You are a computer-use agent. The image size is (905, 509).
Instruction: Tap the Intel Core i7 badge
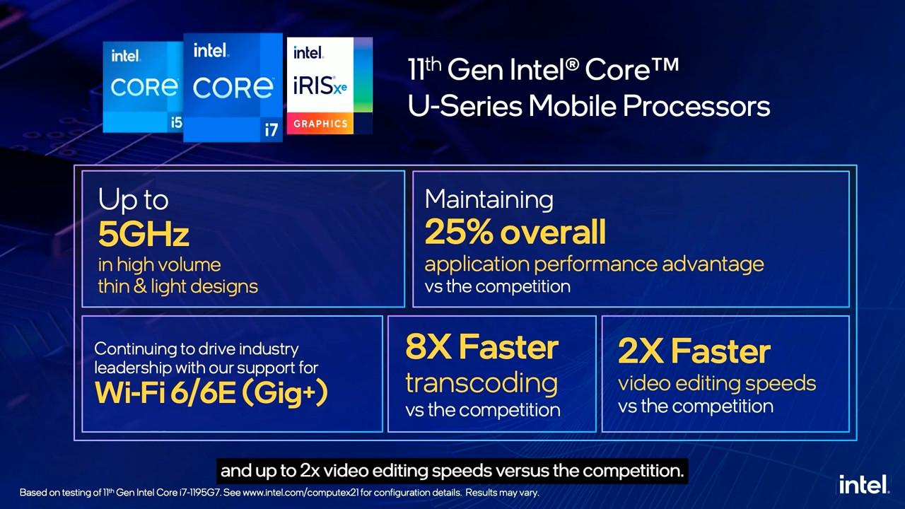(233, 88)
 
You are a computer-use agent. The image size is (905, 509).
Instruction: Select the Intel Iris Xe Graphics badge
(329, 86)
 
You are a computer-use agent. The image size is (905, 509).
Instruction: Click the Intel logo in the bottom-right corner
(864, 484)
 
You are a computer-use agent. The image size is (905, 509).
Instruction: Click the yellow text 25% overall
(515, 232)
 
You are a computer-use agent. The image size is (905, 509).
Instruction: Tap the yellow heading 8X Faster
(481, 347)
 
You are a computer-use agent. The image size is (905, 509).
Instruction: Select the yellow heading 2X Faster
(694, 351)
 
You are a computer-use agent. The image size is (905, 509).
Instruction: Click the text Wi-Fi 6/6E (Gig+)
(211, 392)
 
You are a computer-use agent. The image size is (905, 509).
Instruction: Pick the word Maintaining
(489, 199)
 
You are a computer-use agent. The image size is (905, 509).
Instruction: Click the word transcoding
(481, 383)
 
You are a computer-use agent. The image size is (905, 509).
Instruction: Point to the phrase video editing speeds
(717, 383)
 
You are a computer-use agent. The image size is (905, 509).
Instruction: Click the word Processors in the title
(696, 106)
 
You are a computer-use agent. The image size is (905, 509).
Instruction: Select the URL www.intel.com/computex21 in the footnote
(301, 493)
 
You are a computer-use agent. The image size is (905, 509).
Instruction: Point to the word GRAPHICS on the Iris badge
(320, 124)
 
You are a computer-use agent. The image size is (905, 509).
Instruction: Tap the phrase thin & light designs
(177, 287)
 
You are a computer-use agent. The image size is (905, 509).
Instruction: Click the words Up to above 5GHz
(133, 199)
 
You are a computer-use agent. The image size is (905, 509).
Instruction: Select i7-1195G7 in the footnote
(199, 493)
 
